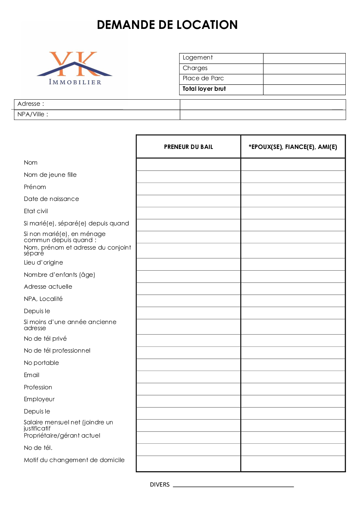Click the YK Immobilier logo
click(x=75, y=68)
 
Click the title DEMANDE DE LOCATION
click(x=167, y=25)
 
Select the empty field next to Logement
click(x=304, y=58)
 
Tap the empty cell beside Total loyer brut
click(x=304, y=89)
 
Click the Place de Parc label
click(x=203, y=78)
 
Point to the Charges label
click(x=195, y=68)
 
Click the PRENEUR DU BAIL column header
click(x=188, y=147)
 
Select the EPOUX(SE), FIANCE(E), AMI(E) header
click(x=293, y=147)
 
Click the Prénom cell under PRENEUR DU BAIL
click(x=188, y=189)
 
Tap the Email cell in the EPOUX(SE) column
click(x=293, y=377)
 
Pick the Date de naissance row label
click(x=51, y=199)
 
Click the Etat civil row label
click(x=36, y=211)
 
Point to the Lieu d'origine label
click(x=43, y=262)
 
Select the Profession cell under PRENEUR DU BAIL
click(x=188, y=389)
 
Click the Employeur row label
click(x=39, y=399)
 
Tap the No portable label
click(x=41, y=363)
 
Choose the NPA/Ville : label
click(x=33, y=114)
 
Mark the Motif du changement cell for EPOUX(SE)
click(x=293, y=463)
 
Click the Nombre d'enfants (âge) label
click(x=59, y=275)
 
